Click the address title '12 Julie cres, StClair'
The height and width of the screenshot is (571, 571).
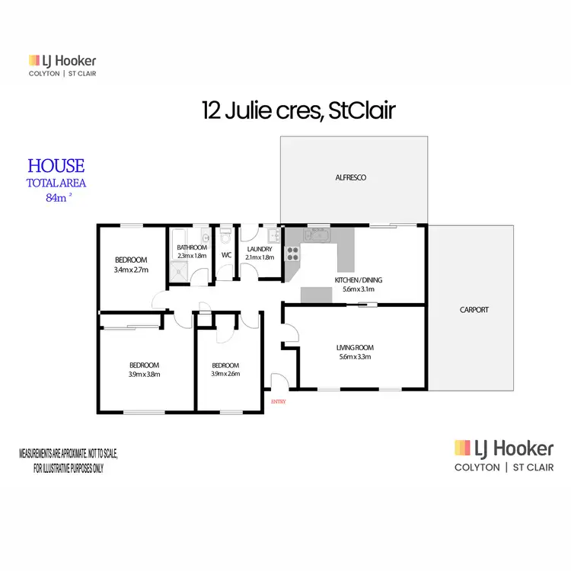click(x=298, y=111)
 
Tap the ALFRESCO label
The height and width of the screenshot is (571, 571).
click(x=351, y=177)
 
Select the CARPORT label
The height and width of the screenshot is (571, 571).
click(x=474, y=310)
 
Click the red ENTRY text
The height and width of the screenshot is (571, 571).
click(x=278, y=401)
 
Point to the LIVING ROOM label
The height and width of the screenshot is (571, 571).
click(x=355, y=348)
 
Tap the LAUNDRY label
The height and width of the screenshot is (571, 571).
click(x=260, y=247)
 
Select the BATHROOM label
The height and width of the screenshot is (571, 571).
click(x=192, y=247)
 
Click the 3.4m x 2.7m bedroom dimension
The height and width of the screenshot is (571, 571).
click(x=130, y=270)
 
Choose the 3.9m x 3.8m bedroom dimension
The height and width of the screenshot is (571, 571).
click(x=144, y=374)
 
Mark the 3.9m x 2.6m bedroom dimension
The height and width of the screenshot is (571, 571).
click(x=225, y=374)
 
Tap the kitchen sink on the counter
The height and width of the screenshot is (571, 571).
click(x=316, y=235)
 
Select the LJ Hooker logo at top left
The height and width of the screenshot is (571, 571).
click(x=62, y=65)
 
